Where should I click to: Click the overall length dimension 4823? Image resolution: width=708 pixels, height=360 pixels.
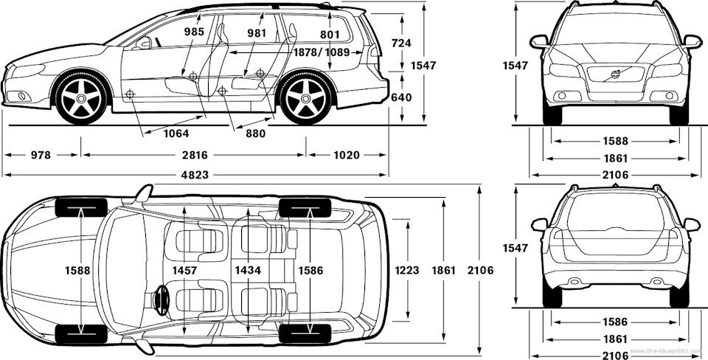(195, 175)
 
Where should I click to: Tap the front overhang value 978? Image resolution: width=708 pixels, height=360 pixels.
(42, 155)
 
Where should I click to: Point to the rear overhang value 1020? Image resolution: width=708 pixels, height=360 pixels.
(346, 155)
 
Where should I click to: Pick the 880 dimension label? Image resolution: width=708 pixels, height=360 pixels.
(255, 134)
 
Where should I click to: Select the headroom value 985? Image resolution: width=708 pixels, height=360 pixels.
(194, 32)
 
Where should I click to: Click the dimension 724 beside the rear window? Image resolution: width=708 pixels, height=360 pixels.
(401, 44)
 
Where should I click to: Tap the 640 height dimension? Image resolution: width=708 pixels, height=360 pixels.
(401, 97)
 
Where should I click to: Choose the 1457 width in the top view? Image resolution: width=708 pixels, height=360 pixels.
(184, 271)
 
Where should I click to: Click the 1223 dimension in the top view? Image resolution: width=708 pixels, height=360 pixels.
(407, 271)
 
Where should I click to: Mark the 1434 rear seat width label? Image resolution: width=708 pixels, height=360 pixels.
(249, 271)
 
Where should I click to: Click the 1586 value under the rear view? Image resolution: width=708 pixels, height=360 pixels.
(615, 322)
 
